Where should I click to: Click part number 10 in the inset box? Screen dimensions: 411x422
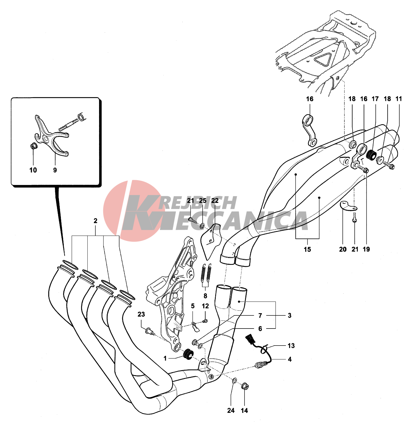[33, 170]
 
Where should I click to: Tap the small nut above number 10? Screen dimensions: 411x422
[33, 146]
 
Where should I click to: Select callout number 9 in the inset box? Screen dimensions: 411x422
[55, 170]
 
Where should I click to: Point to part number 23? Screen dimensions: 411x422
[141, 314]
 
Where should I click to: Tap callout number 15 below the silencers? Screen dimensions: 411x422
[307, 250]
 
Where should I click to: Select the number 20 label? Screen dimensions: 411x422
[343, 250]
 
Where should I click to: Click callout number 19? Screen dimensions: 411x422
[366, 250]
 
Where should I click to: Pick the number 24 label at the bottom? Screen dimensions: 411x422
[231, 411]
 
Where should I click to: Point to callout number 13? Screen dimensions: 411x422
[291, 346]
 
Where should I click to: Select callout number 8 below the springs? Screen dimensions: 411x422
[205, 296]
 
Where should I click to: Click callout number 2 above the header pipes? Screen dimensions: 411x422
[95, 221]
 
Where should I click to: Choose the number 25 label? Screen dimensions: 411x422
[202, 201]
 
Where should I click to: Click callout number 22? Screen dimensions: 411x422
[215, 201]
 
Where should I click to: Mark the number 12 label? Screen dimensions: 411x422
[205, 306]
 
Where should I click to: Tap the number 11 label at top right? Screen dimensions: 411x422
[398, 99]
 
